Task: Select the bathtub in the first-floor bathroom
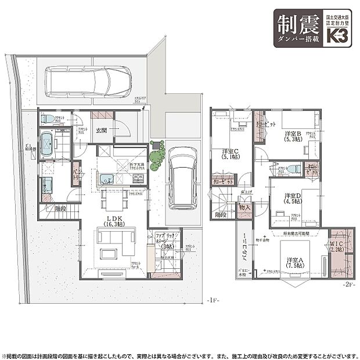tap(46, 143)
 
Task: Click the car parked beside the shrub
tap(181, 177)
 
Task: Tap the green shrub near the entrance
tap(156, 155)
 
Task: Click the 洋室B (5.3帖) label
tap(292, 136)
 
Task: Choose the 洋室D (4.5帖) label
tap(291, 199)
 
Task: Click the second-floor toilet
tap(293, 168)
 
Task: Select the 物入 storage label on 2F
tap(244, 207)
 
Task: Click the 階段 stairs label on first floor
tap(59, 208)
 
